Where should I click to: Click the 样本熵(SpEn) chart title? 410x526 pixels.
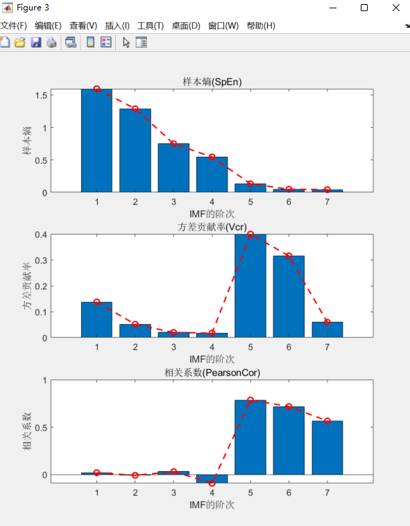[x=212, y=82]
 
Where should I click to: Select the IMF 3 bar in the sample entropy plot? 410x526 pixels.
[x=173, y=168]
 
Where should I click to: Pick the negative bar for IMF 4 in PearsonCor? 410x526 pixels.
[x=212, y=479]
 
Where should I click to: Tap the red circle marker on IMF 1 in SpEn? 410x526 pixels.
[x=97, y=89]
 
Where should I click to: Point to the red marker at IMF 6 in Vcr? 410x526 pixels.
[x=289, y=256]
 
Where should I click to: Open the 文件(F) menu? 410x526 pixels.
[x=13, y=26]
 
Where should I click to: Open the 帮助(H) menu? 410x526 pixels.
[x=261, y=26]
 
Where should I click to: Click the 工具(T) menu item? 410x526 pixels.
[x=150, y=26]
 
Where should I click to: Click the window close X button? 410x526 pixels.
[x=395, y=7]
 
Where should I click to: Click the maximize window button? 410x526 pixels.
[x=364, y=7]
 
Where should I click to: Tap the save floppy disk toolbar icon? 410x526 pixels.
[x=36, y=42]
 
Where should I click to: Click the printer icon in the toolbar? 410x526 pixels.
[x=51, y=42]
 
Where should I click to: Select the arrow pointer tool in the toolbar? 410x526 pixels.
[x=126, y=42]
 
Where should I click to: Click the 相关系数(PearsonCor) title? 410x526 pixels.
[x=212, y=373]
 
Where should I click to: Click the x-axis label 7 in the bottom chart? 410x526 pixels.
[x=327, y=492]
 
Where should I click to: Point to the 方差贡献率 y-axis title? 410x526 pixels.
[x=27, y=285]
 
